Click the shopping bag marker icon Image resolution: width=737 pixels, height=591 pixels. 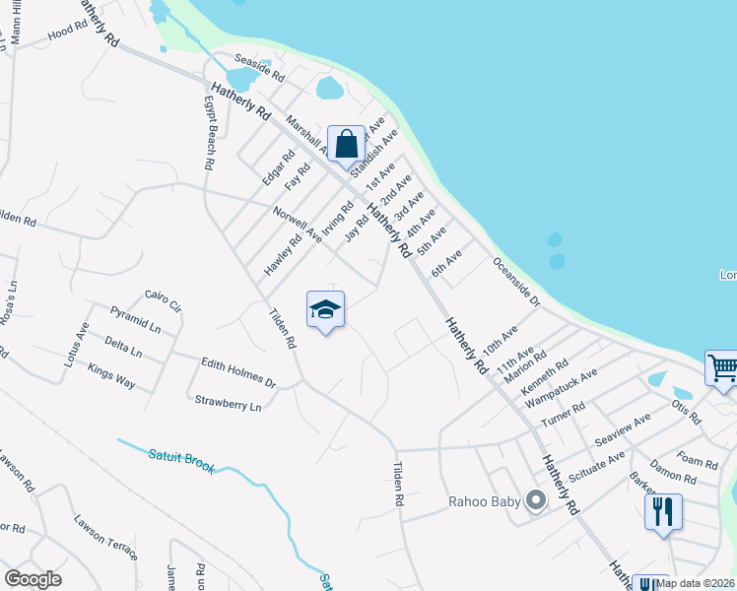346,145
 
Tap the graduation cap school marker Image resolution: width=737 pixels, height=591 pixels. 325,311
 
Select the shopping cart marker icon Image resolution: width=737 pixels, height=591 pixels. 722,370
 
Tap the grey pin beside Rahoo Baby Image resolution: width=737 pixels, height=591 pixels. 536,501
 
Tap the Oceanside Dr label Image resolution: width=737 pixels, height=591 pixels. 516,282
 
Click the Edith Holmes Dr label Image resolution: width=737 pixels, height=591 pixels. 237,371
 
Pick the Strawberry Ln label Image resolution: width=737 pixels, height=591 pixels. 228,403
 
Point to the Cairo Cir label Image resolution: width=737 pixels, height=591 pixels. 164,300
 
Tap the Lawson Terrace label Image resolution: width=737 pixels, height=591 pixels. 105,537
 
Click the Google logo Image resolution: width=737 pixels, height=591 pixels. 33,579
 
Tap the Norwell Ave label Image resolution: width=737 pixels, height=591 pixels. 299,223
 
